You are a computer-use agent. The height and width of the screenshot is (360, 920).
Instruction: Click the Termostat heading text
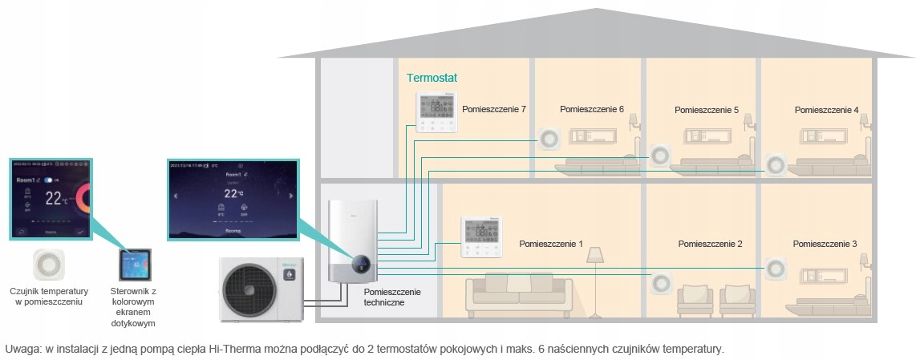click(432, 79)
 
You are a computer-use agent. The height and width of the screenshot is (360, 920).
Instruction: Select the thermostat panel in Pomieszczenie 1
click(480, 237)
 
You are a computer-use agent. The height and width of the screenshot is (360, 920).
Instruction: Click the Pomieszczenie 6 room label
click(591, 109)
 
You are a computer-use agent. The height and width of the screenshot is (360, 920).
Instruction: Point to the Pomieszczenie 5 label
click(706, 110)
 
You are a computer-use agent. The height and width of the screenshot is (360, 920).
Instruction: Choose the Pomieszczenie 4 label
click(826, 109)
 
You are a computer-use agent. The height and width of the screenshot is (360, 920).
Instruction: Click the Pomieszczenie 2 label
click(710, 243)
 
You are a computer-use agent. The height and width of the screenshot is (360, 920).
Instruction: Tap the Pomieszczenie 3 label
click(825, 243)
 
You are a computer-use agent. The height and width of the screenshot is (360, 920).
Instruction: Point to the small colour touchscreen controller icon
click(133, 266)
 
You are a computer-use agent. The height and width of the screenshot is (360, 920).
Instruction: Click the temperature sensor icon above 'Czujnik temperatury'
click(48, 265)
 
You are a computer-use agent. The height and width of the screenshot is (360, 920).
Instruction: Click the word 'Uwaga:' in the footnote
click(21, 349)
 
